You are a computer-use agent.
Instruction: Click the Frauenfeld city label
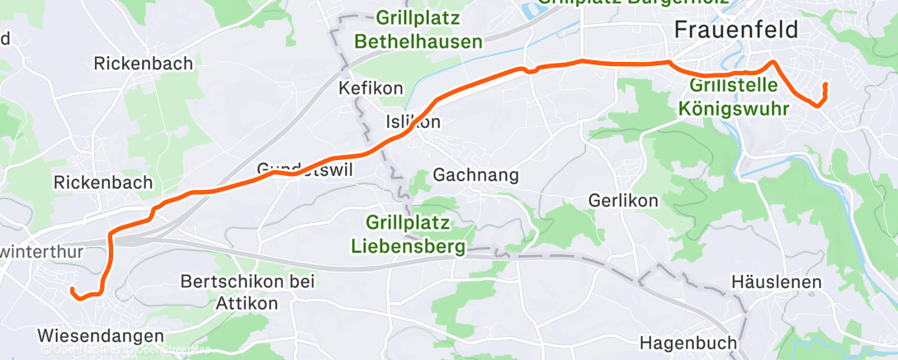click(x=737, y=31)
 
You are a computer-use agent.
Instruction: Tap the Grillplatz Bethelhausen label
click(x=418, y=29)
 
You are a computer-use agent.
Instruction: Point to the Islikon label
click(x=414, y=122)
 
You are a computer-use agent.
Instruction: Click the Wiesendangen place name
click(x=101, y=336)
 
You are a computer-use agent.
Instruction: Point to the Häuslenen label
click(x=776, y=282)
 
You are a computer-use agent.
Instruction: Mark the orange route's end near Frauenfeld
click(x=825, y=85)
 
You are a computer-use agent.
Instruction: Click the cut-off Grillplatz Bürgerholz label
click(x=633, y=2)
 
